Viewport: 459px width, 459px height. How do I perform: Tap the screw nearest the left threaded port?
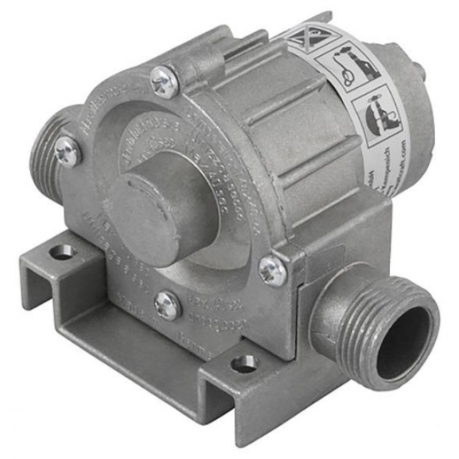(x=68, y=150)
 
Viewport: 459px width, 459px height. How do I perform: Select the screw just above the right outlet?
(x=273, y=271)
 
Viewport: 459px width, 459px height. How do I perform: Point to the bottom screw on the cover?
(x=168, y=305)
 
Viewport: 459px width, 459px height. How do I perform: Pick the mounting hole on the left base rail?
(x=64, y=251)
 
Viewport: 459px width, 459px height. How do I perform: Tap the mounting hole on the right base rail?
(x=245, y=364)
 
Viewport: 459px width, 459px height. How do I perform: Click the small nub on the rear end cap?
(x=422, y=71)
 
